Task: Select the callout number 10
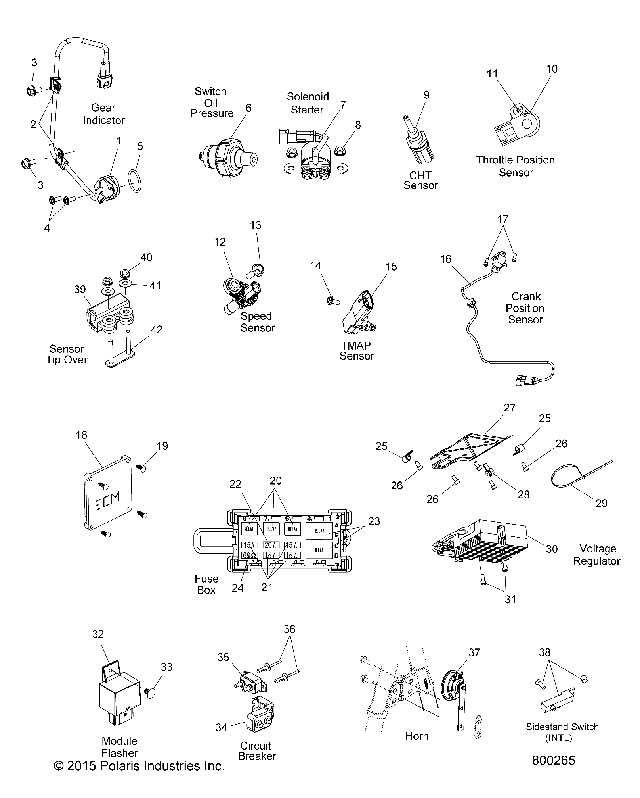click(551, 69)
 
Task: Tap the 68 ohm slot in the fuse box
click(249, 555)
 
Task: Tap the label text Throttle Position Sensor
click(516, 166)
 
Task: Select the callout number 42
click(157, 330)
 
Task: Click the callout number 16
click(445, 259)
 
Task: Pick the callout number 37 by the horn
click(474, 652)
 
